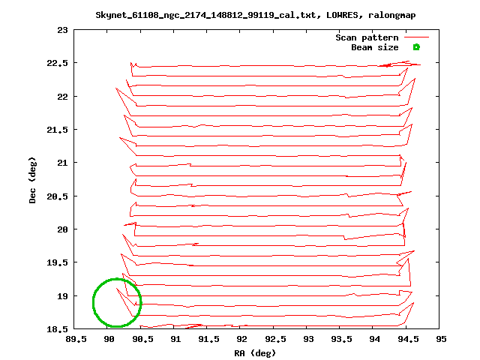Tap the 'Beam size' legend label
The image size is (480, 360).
[x=375, y=47]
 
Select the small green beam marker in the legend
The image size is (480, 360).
[x=416, y=47]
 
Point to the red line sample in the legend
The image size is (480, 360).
[x=416, y=37]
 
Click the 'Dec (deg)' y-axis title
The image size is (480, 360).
[x=34, y=180]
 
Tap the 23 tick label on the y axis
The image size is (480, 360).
[x=59, y=30]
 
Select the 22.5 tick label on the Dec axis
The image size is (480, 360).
[x=55, y=64]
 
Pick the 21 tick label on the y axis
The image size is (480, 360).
[x=59, y=163]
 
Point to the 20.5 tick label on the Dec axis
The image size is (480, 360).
[x=55, y=196]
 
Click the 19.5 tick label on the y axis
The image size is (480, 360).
[x=55, y=262]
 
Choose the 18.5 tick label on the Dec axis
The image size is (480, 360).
[x=55, y=329]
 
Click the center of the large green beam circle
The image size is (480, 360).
[x=117, y=303]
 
